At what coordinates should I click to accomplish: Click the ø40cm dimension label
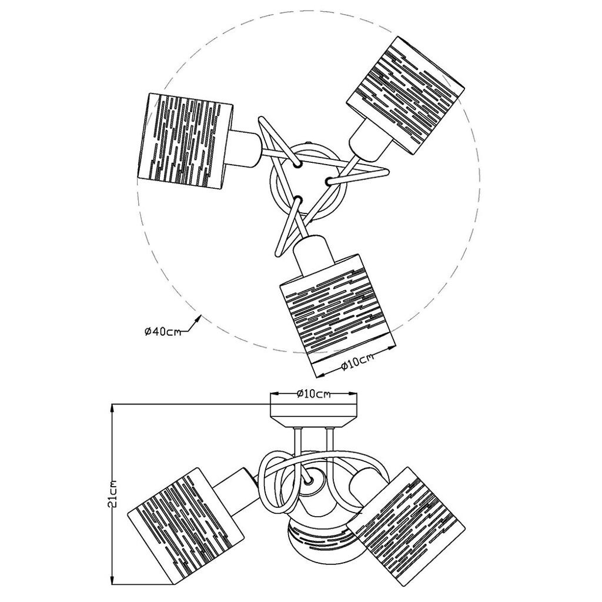[x=162, y=332]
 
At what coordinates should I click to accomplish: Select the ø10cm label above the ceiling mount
[x=314, y=394]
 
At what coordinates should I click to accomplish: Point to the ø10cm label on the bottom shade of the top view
[x=357, y=362]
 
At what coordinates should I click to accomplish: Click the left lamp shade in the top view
[x=185, y=141]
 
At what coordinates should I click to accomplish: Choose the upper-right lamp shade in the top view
[x=406, y=95]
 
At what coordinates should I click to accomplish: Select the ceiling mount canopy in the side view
[x=314, y=416]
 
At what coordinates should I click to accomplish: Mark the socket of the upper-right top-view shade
[x=371, y=141]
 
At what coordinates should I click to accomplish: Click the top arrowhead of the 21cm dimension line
[x=113, y=408]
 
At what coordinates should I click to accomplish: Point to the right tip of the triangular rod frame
[x=388, y=172]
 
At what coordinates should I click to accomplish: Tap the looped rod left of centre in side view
[x=279, y=481]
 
